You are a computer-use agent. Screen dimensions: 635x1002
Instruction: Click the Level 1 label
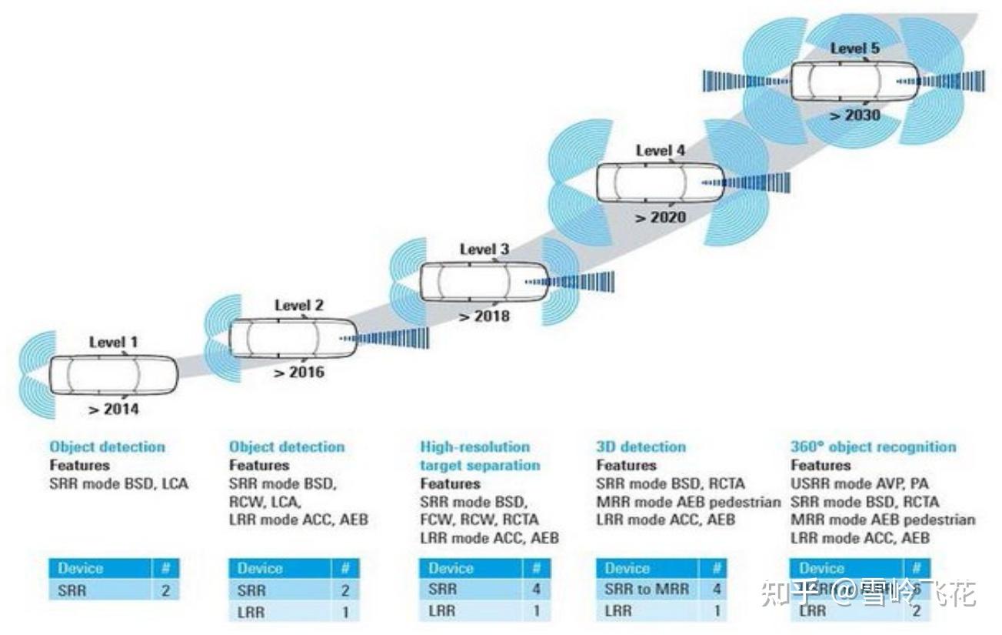(114, 342)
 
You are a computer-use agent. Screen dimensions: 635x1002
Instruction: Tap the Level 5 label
(854, 48)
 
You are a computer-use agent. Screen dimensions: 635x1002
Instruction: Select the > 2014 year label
(114, 409)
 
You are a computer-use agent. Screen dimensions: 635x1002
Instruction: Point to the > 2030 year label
(854, 115)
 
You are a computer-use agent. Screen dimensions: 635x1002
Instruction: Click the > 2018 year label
(484, 316)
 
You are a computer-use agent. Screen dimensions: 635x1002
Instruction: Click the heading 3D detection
(641, 446)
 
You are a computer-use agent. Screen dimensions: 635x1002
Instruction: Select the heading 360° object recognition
(873, 446)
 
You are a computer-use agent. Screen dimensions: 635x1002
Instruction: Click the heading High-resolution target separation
(480, 456)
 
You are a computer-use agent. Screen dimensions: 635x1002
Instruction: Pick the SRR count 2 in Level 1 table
(165, 591)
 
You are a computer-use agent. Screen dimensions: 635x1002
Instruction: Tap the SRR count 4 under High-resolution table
(536, 590)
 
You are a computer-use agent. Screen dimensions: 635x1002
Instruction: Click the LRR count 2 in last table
(916, 610)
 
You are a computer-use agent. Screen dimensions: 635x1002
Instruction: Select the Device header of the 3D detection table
(627, 569)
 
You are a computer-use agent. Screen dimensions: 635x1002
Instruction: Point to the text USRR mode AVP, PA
(859, 483)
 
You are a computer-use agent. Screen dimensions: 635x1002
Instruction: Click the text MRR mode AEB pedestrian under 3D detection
(688, 502)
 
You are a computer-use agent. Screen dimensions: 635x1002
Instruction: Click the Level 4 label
(660, 151)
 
